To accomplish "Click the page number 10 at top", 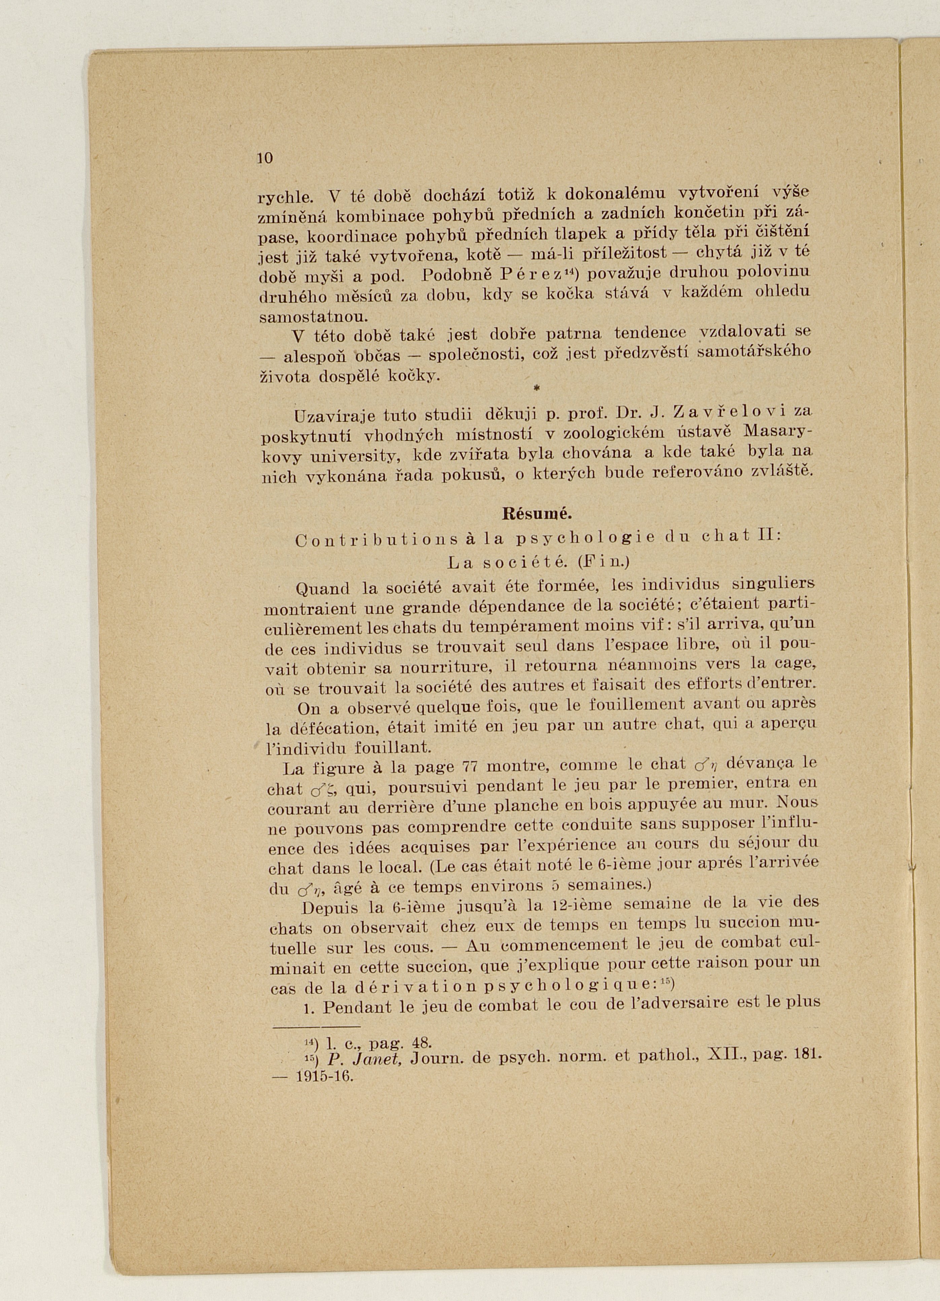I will click(266, 159).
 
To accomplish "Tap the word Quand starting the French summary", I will click(322, 589).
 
